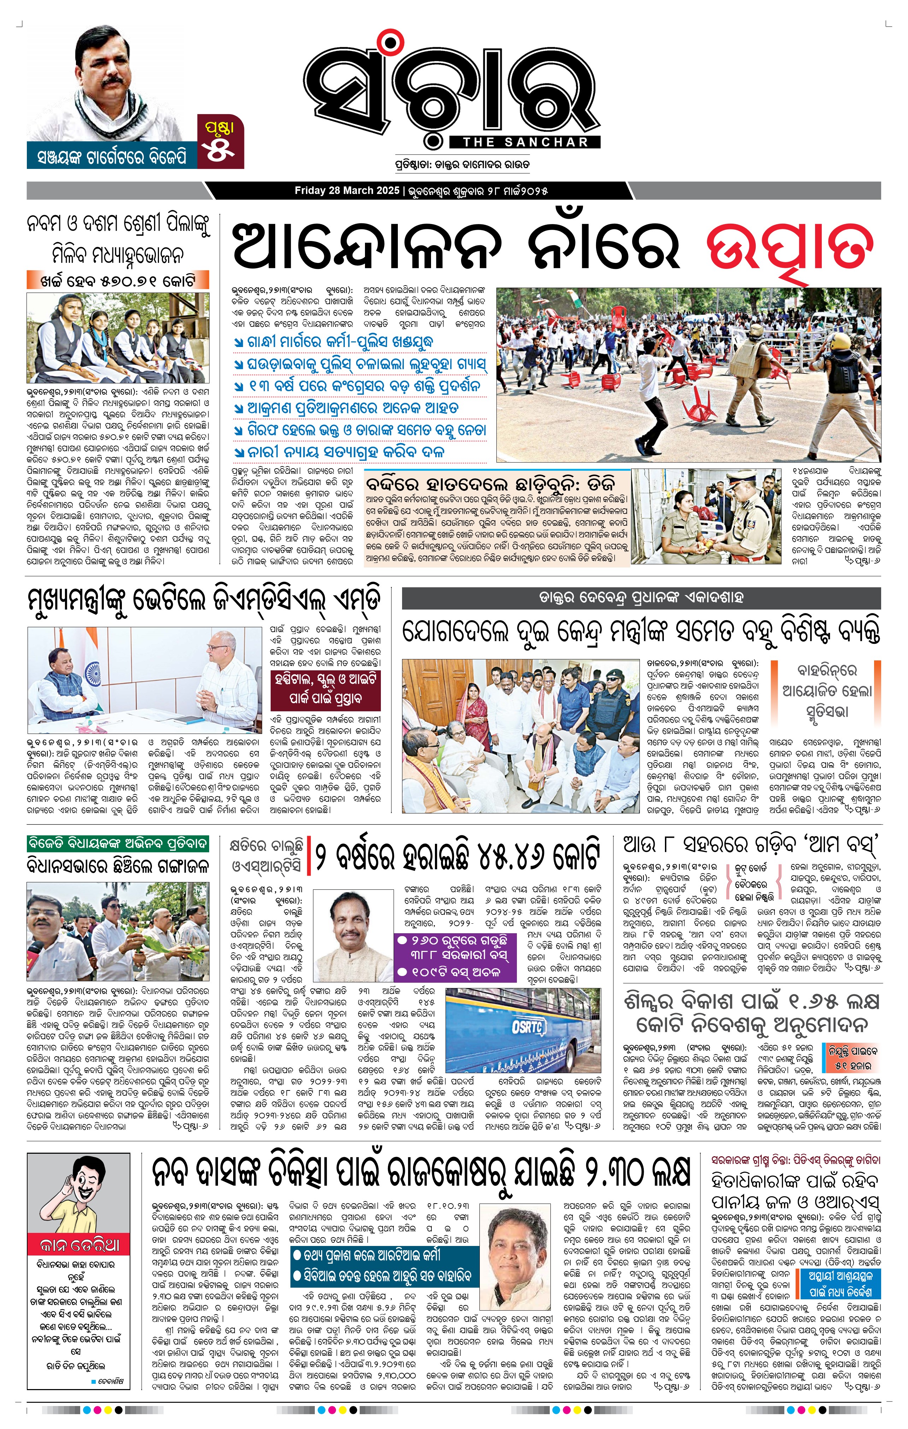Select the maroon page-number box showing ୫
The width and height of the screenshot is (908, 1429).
tap(220, 142)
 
